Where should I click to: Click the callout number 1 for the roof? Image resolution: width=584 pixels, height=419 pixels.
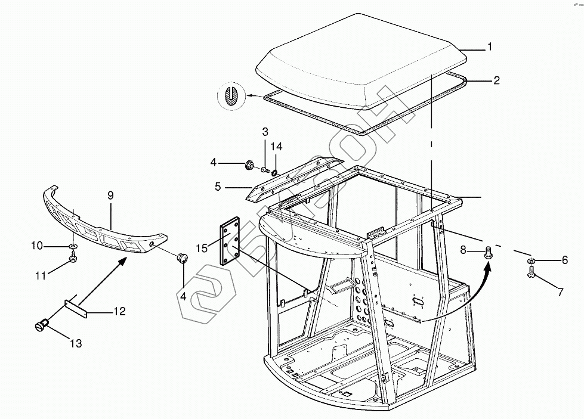(490, 47)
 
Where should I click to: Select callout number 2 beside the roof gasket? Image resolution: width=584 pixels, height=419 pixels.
(496, 80)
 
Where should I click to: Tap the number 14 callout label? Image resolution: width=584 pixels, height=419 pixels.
(276, 147)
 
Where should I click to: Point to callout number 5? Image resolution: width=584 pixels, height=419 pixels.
(218, 187)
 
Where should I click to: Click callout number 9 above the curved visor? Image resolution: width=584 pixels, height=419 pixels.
(110, 195)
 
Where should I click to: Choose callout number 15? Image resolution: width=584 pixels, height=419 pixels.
(202, 248)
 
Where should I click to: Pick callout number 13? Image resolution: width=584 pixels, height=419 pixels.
(76, 343)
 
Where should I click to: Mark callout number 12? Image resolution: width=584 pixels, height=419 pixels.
(119, 311)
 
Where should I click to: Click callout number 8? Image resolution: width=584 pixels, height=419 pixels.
(464, 250)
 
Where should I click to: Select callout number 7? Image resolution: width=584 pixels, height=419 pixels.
(561, 292)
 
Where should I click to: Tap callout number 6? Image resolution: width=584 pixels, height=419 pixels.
(565, 260)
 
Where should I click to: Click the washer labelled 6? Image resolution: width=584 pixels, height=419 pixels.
(532, 260)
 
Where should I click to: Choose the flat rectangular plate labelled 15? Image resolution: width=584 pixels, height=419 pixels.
(230, 241)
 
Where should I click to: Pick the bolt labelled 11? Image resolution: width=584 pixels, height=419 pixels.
(73, 257)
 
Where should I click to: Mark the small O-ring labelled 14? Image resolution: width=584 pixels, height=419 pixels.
(274, 173)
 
